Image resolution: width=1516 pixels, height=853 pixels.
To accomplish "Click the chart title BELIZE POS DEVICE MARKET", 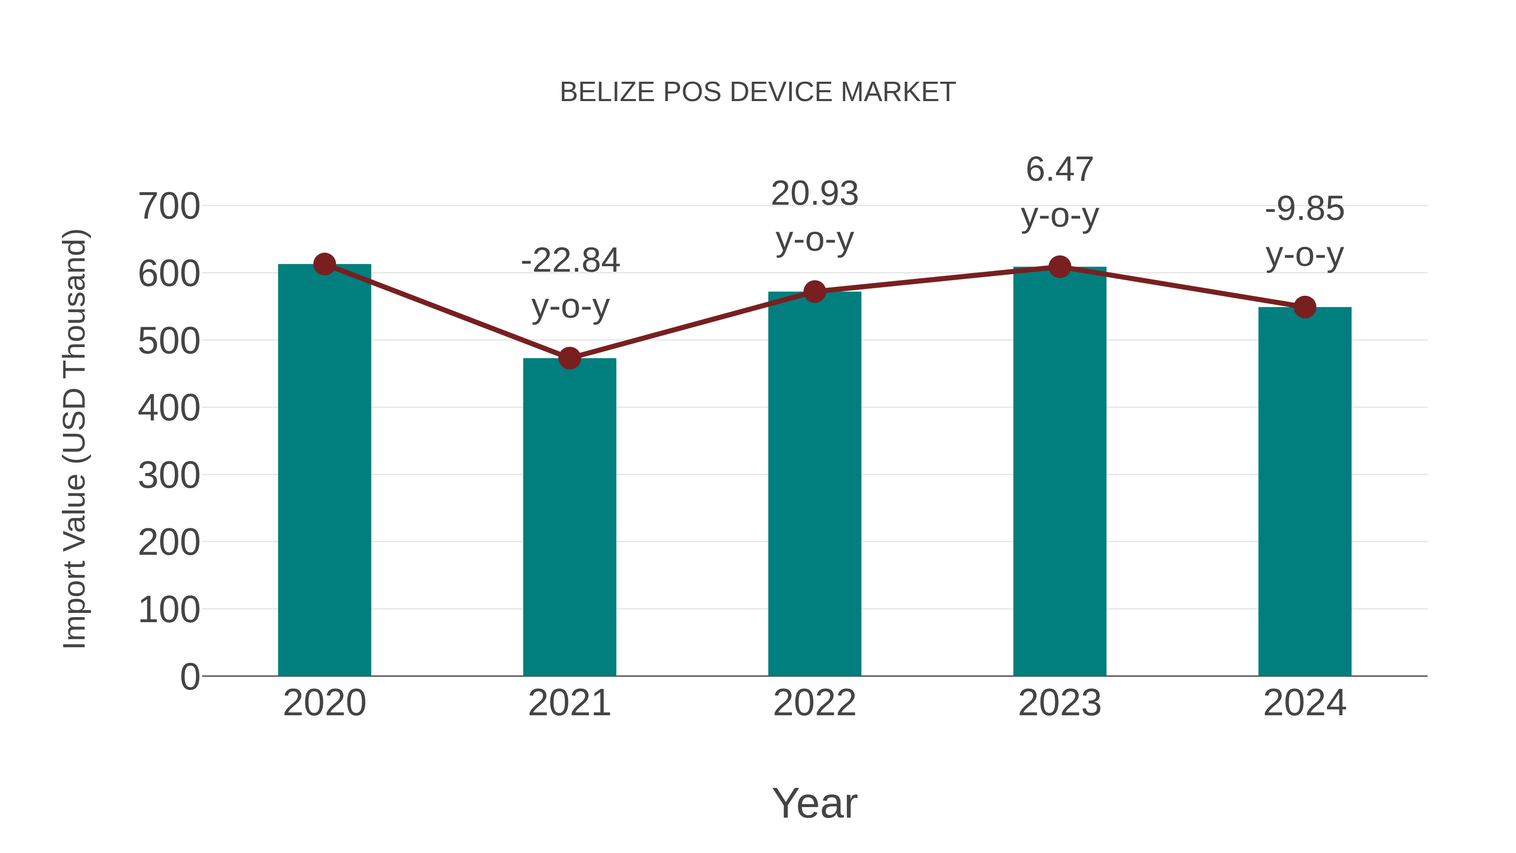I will tap(758, 92).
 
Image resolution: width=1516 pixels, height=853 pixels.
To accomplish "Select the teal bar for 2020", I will tap(324, 471).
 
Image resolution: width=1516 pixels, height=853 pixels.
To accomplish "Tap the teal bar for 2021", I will tap(569, 518).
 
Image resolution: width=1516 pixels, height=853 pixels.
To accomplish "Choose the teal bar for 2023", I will tap(1060, 471).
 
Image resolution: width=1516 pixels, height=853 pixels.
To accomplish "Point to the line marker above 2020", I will tap(324, 264).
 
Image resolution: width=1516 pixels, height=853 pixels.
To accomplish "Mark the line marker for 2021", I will tap(569, 358).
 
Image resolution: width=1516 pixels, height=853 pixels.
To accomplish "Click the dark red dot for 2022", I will tap(814, 291).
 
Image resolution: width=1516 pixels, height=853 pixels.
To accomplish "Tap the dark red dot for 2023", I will tap(1060, 267).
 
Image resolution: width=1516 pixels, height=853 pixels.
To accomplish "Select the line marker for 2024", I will tap(1305, 307).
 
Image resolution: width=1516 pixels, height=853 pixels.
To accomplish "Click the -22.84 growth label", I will tap(570, 260).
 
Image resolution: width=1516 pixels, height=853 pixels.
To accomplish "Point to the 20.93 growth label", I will tap(814, 194).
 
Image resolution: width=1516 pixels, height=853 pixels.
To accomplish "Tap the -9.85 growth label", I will tap(1305, 209).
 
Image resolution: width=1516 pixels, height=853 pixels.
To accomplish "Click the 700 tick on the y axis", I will tap(169, 207).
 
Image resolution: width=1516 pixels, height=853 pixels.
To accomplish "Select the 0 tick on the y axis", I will tap(189, 677).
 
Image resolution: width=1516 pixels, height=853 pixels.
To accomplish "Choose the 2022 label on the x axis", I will tap(814, 703).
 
